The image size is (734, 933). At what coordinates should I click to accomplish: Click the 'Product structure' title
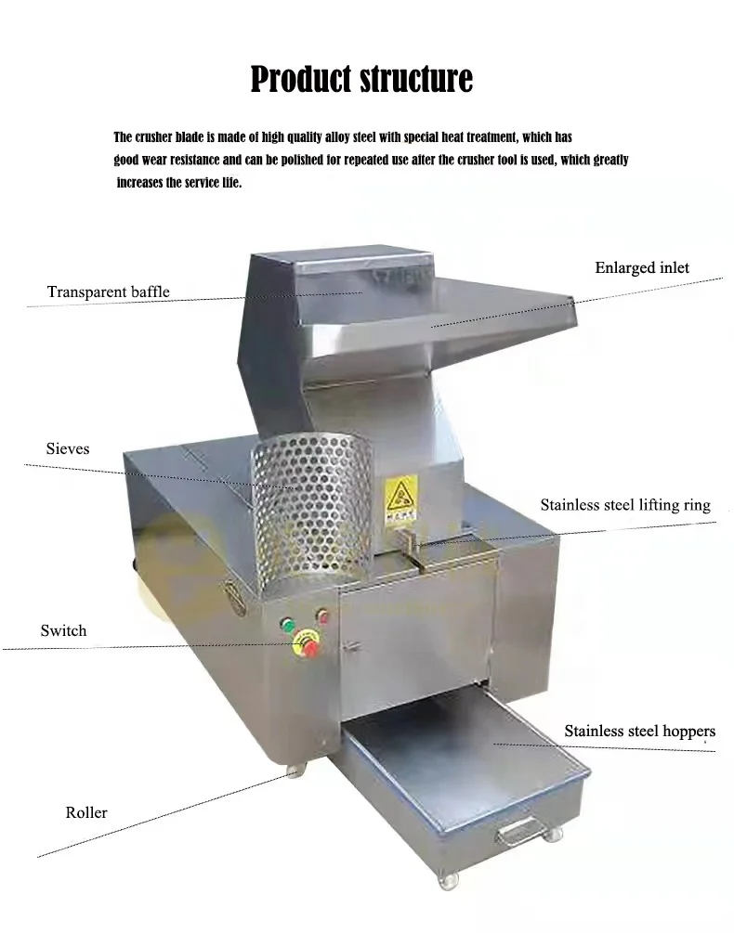[361, 79]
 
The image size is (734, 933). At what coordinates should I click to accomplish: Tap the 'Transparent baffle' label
[109, 292]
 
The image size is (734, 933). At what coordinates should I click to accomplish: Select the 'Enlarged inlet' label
[642, 267]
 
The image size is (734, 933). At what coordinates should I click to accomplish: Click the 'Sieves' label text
[68, 448]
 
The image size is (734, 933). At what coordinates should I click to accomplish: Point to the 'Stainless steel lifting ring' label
[625, 505]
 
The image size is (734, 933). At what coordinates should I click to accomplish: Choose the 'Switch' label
[63, 630]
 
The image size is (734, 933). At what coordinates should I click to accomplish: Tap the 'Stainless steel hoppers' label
[639, 731]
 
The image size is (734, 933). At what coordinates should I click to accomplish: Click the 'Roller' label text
[86, 812]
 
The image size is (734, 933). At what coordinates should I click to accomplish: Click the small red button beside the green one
[322, 616]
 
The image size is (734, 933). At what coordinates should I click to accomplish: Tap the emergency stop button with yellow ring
[306, 645]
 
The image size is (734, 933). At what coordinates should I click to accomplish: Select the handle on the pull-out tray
[518, 833]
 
